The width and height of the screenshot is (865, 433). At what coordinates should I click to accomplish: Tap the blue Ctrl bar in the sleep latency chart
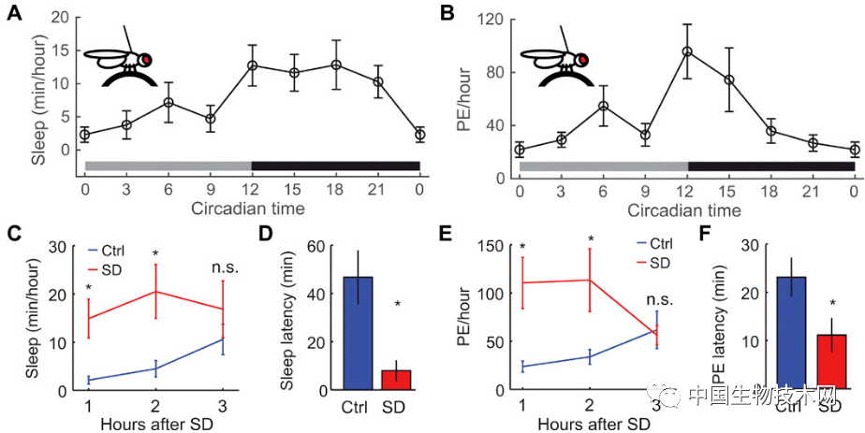click(358, 333)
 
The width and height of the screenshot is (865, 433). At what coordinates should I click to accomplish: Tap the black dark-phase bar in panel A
click(335, 166)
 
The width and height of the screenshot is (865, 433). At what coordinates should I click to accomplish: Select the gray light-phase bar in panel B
click(603, 166)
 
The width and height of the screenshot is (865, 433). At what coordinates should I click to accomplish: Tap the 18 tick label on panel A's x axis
click(335, 188)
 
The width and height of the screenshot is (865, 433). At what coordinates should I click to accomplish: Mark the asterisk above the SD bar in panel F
click(832, 304)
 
